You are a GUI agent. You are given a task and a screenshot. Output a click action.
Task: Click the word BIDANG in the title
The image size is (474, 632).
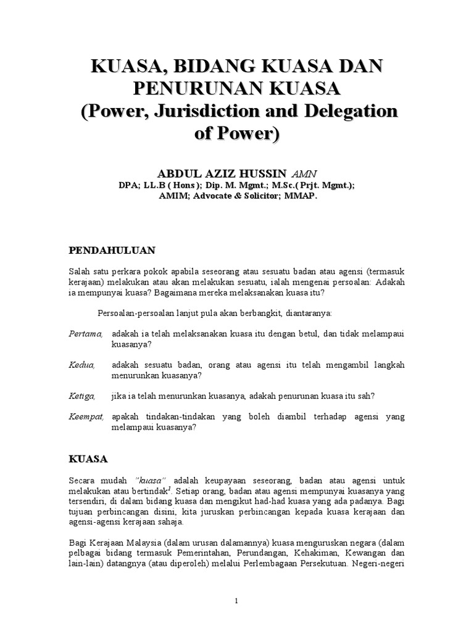(x=209, y=66)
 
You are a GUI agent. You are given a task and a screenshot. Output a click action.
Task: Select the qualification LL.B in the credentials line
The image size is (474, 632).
(x=157, y=186)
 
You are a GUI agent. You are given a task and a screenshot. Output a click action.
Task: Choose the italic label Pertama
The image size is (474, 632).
(x=85, y=334)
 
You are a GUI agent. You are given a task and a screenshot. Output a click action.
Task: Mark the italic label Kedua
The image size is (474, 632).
(x=82, y=365)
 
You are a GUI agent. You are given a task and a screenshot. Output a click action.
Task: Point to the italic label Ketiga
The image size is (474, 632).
(x=83, y=396)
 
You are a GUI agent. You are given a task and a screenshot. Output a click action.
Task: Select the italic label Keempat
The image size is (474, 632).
(x=86, y=417)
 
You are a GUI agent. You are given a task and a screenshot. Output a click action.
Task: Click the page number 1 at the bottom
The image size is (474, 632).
(x=236, y=601)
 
